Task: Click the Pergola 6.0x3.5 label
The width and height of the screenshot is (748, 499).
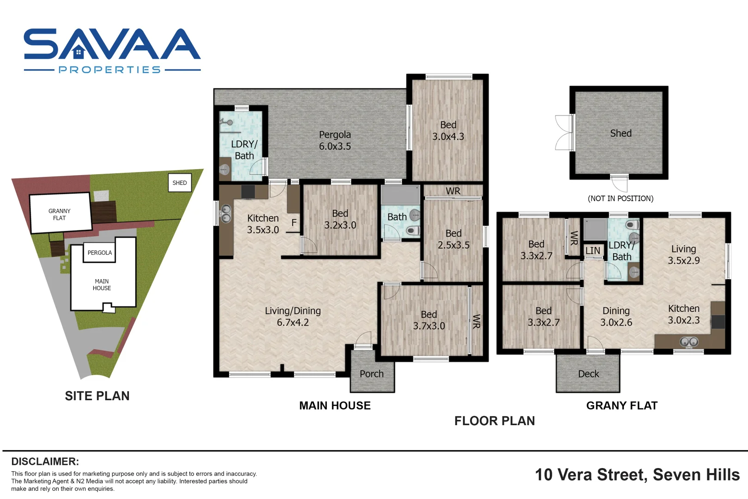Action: tap(335, 140)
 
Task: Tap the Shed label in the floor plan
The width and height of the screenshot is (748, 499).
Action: tap(621, 134)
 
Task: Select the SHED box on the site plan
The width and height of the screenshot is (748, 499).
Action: tap(180, 183)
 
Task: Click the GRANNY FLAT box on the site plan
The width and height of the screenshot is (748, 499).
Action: tap(60, 214)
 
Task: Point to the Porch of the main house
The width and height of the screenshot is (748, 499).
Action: tap(372, 374)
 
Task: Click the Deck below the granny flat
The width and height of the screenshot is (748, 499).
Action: tap(588, 374)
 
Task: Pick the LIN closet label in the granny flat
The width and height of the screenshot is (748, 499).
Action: tap(592, 251)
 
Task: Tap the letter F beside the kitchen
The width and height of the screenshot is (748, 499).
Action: tap(294, 223)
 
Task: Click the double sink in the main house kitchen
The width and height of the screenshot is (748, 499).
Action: tap(226, 214)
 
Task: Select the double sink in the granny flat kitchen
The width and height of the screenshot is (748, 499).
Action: tap(689, 342)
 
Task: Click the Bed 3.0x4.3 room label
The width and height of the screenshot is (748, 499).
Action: tap(448, 131)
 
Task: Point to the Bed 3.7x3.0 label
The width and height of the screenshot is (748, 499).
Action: tap(429, 320)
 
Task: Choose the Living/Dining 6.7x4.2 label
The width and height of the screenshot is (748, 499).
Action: tap(293, 316)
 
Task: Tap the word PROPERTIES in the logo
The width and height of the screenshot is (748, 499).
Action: tap(110, 70)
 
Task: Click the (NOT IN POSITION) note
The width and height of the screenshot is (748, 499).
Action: tap(620, 199)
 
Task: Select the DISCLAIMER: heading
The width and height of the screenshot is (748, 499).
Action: tap(45, 462)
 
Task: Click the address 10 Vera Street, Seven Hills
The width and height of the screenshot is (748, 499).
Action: tap(637, 475)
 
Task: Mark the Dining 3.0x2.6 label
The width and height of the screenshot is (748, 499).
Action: tap(616, 316)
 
